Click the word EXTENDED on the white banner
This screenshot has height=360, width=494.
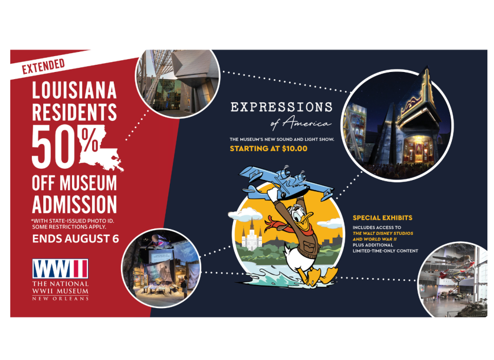(43, 66)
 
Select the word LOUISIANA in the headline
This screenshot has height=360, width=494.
(74, 91)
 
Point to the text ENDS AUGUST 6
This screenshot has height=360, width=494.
(76, 239)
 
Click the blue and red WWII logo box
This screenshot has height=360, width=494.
(60, 268)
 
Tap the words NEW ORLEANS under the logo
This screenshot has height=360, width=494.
(60, 298)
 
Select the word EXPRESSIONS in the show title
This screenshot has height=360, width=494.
(281, 107)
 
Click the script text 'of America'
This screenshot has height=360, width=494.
(301, 123)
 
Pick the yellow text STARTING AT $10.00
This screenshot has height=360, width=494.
(269, 149)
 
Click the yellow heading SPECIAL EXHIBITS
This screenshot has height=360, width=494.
(382, 218)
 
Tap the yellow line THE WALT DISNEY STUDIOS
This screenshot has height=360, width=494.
(383, 233)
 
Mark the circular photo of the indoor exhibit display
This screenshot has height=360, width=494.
(161, 268)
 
